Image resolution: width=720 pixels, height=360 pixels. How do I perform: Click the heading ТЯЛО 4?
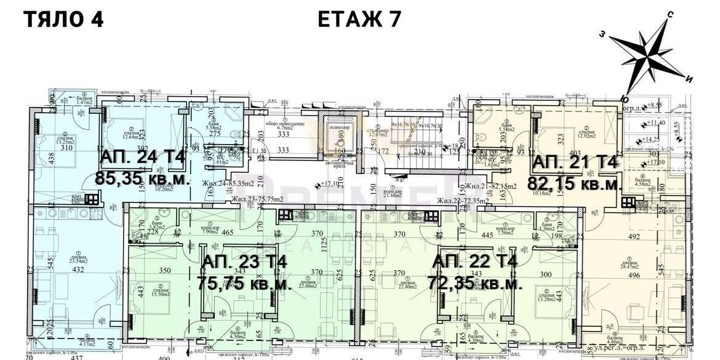coord(63,20)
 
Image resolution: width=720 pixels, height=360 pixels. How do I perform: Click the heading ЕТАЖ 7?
coord(359,20)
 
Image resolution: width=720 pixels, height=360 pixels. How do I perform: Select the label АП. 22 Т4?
coord(474,263)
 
